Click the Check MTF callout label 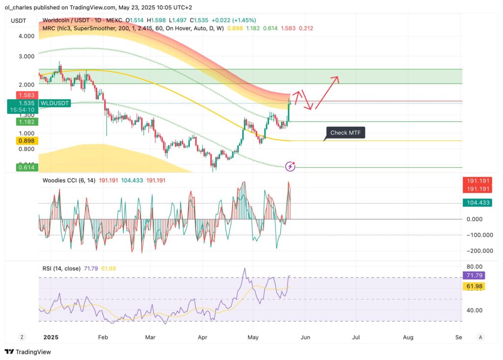[x=346, y=133]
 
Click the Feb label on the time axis [x=103, y=337]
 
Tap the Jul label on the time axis [x=356, y=337]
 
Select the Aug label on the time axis [x=408, y=337]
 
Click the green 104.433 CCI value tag [x=477, y=202]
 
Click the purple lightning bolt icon [x=290, y=166]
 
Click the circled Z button [x=22, y=337]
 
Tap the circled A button [x=481, y=337]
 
